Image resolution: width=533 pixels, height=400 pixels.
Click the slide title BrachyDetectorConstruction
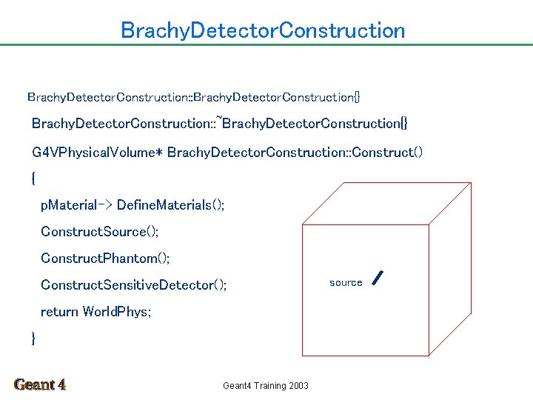coord(263,30)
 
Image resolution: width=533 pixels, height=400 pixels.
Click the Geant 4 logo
coord(40,384)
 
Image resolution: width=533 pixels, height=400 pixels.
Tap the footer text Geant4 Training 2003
coord(266,385)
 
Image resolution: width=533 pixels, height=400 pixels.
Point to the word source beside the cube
coord(346,283)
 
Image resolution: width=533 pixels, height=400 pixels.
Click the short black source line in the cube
coord(378,278)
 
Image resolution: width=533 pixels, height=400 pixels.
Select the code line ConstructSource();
coord(100,232)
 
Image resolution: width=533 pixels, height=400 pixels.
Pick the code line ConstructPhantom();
coord(105,259)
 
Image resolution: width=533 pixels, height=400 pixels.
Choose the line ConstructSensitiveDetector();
coord(134,285)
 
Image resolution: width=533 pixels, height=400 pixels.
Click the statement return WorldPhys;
coord(96,312)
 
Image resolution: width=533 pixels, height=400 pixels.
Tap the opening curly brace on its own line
coord(34,179)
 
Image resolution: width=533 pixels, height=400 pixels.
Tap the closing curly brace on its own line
coord(34,339)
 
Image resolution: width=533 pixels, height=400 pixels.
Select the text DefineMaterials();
coord(171,205)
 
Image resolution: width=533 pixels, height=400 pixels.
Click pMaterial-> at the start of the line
coord(76,205)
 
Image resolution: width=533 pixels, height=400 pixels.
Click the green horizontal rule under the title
coord(266,44)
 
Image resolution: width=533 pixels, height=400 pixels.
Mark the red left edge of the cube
coord(303,289)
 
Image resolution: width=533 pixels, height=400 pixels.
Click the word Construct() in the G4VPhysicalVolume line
coord(387,153)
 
